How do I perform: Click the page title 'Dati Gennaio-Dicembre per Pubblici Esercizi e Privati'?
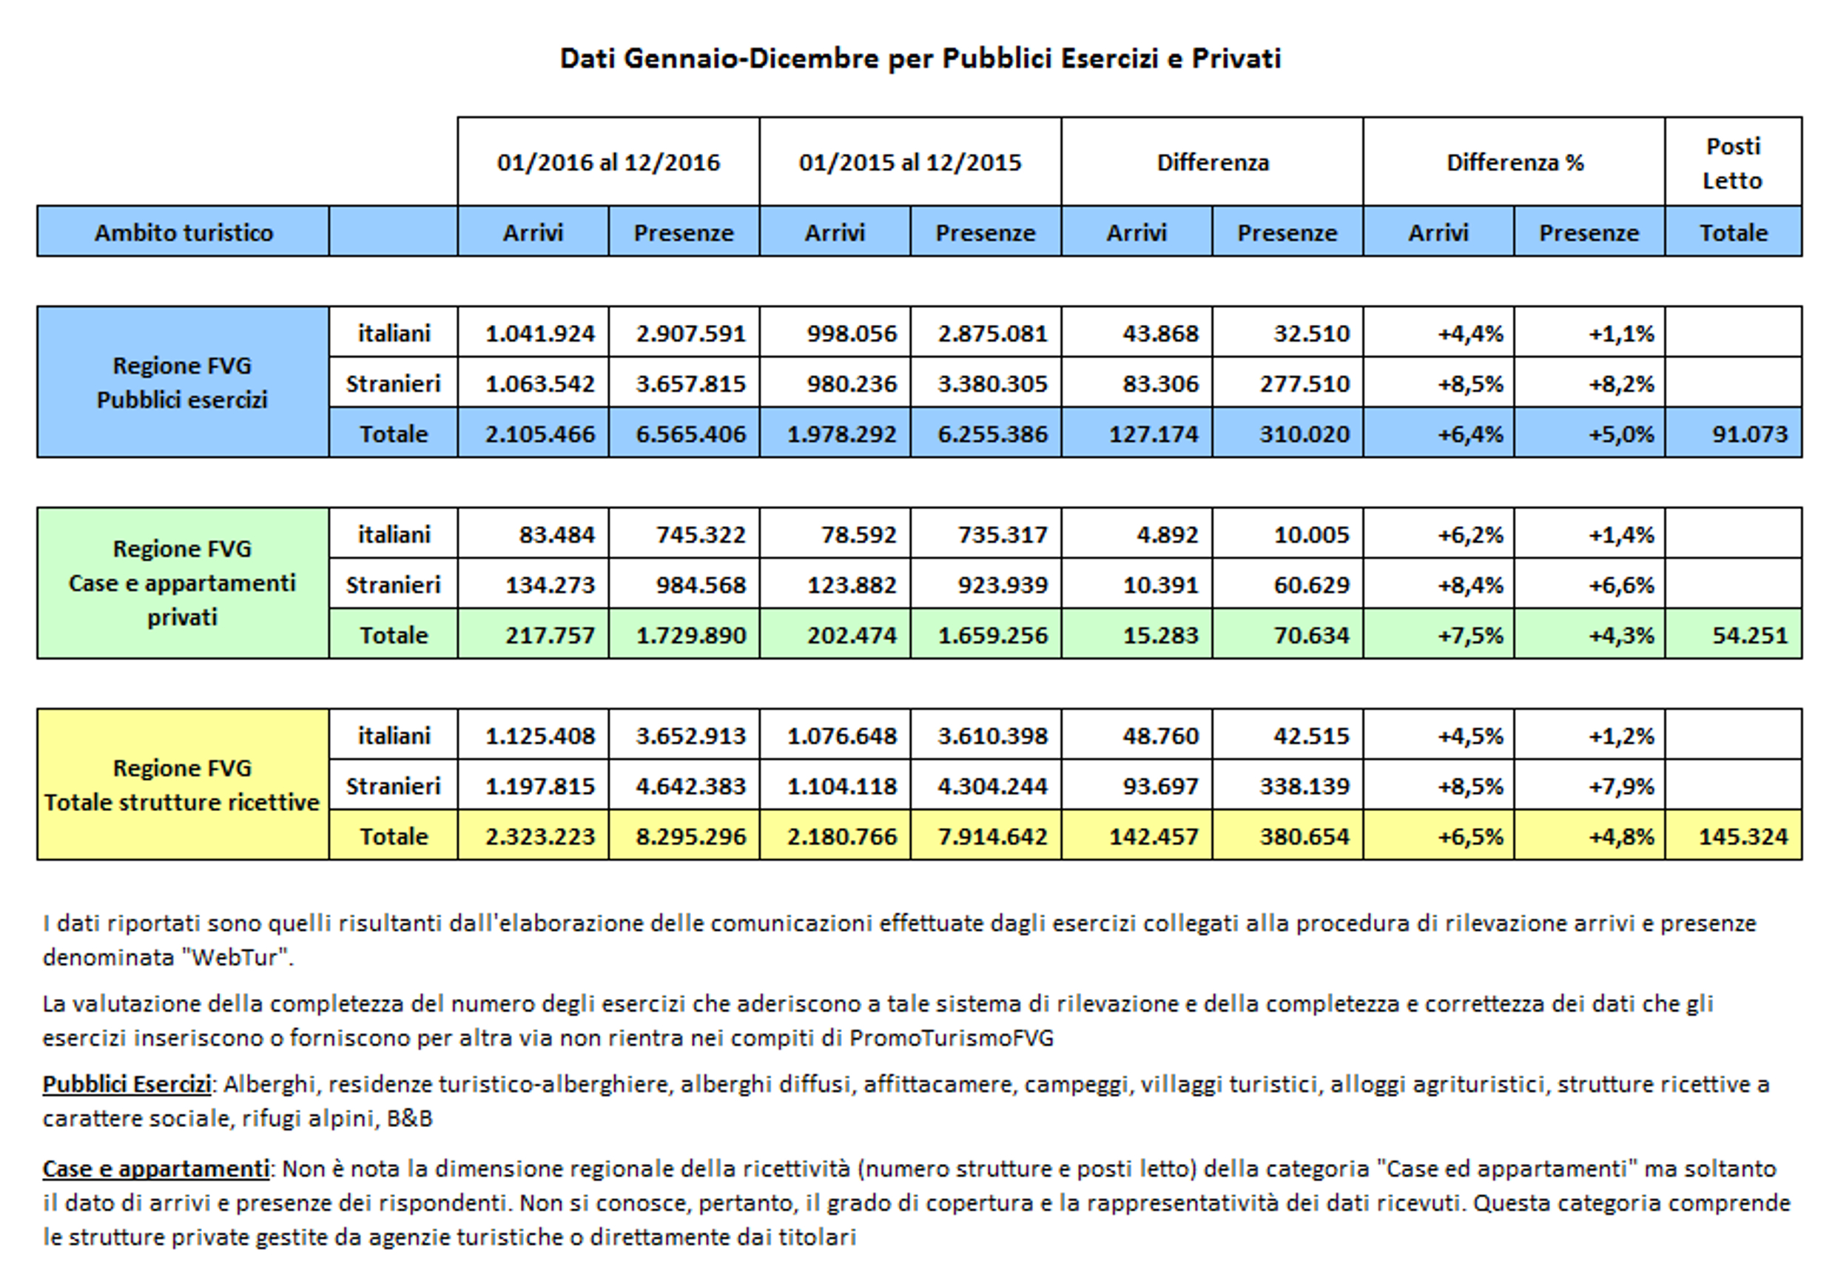[x=920, y=58]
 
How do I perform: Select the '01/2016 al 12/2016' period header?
[x=608, y=162]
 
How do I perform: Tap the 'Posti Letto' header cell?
[x=1732, y=163]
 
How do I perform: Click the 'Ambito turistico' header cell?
[x=183, y=232]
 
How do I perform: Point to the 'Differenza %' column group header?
[x=1515, y=162]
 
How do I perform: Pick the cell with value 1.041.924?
[x=539, y=333]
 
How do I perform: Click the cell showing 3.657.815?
[x=690, y=383]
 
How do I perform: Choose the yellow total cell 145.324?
[x=1743, y=837]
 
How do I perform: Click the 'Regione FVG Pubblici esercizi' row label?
[x=182, y=382]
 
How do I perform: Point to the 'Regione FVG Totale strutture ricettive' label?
[x=182, y=785]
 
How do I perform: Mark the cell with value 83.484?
[x=556, y=535]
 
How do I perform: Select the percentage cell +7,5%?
[x=1469, y=636]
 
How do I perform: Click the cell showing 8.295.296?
[x=690, y=837]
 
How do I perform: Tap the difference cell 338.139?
[x=1304, y=787]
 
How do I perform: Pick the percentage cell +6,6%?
[x=1621, y=585]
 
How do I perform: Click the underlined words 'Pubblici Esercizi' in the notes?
[x=127, y=1085]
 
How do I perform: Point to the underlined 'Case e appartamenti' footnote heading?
[x=156, y=1169]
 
